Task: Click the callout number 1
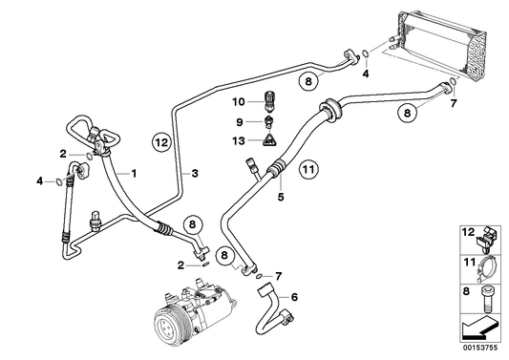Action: [135, 173]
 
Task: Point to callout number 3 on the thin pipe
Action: [195, 173]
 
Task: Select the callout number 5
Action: [281, 198]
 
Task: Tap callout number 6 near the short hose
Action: [294, 297]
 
